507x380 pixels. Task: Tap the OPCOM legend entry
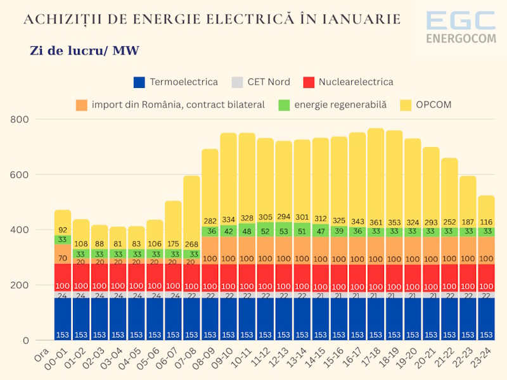pos(426,104)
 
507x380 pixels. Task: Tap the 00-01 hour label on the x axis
pos(59,358)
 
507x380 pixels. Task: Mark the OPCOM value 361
pos(376,223)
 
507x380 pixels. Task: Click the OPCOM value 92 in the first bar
pos(63,231)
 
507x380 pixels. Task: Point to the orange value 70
pos(63,258)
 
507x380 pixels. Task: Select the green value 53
pos(283,232)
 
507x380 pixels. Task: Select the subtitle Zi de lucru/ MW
pos(84,51)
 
